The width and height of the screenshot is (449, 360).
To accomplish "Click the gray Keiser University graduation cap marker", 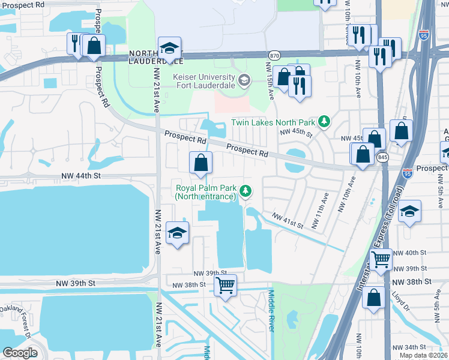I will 244,80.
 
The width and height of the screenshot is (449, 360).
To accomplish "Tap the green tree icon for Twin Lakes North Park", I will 324,122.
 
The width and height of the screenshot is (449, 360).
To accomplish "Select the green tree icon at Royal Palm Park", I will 245,191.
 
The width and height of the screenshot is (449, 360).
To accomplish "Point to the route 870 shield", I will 274,54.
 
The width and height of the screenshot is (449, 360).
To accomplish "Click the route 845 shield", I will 382,157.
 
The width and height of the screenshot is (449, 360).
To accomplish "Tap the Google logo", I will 20,352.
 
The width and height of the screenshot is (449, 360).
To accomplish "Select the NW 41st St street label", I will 287,220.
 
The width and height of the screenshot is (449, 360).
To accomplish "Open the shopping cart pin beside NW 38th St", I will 226,286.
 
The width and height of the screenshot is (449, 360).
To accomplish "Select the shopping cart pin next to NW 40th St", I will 381,259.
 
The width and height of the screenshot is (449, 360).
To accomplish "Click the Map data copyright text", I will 423,355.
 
